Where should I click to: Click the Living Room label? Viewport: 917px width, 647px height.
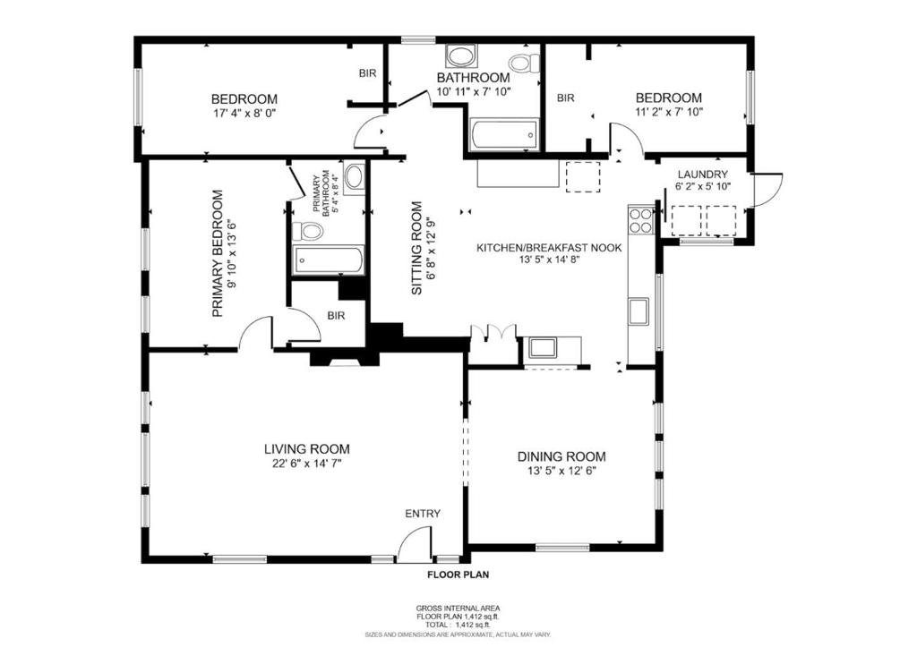tap(306, 448)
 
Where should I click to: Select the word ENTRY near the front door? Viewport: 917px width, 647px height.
tap(423, 513)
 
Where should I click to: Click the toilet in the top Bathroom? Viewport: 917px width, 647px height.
tap(522, 63)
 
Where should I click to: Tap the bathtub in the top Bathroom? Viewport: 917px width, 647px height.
tap(501, 134)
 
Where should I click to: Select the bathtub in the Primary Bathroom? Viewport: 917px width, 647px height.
tap(328, 261)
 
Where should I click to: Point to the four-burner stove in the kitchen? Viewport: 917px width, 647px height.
tap(639, 220)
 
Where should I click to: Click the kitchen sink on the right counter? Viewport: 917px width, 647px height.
tap(639, 311)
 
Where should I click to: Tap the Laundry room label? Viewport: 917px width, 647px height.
tap(702, 174)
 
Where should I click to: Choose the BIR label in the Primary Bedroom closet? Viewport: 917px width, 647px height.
tap(337, 315)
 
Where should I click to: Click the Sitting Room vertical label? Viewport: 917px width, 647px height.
tap(416, 248)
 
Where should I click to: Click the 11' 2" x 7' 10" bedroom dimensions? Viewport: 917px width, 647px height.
tap(668, 113)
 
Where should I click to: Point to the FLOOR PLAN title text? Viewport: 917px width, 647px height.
tap(458, 575)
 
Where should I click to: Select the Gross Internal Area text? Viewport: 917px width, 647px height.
tap(458, 608)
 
